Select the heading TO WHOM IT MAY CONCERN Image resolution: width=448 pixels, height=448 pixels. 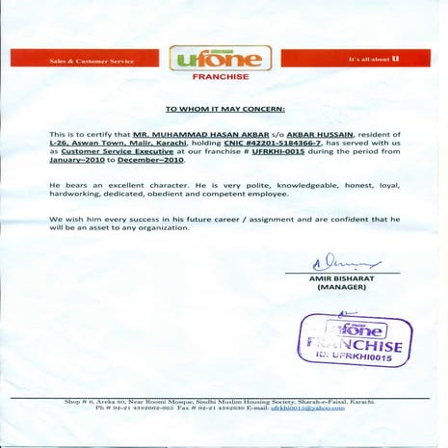pyautogui.click(x=225, y=111)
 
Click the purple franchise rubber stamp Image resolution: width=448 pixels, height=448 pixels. pyautogui.click(x=356, y=340)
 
